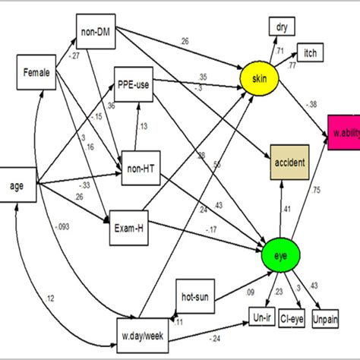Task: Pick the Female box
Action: [36, 74]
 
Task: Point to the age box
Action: [17, 185]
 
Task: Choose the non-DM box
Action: [96, 32]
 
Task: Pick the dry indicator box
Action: [283, 27]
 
